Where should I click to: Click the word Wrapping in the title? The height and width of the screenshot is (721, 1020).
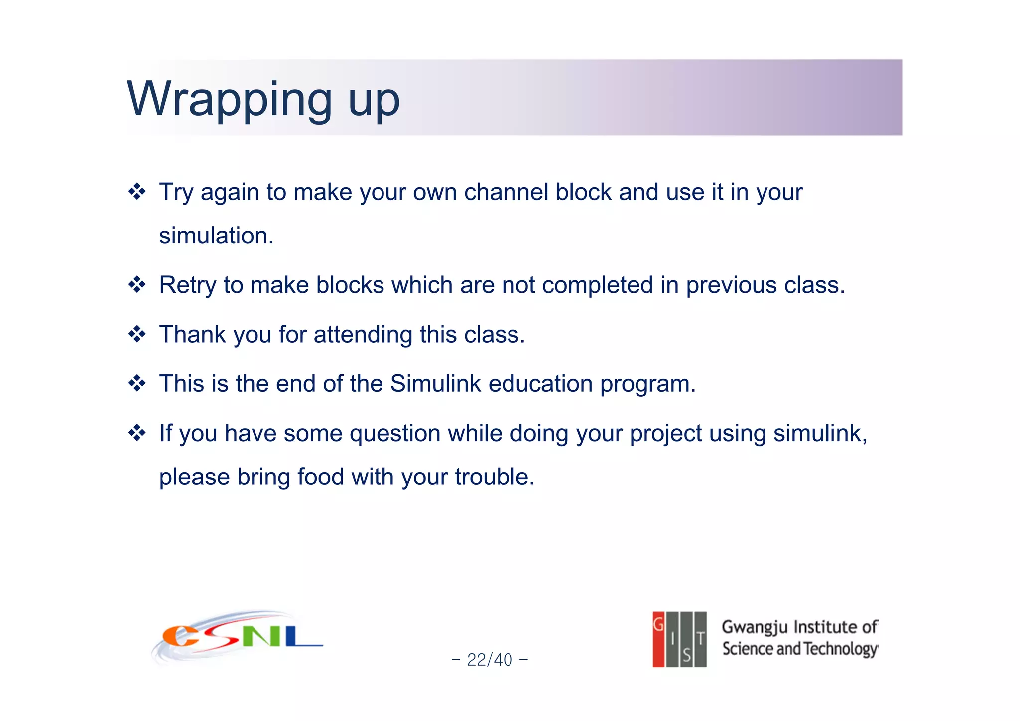tap(229, 100)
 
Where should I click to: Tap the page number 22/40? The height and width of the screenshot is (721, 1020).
tap(490, 660)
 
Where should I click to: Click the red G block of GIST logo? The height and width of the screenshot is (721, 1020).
tap(658, 639)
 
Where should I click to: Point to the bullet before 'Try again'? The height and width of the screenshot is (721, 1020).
tap(137, 192)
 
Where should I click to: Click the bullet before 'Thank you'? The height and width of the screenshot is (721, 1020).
tap(137, 334)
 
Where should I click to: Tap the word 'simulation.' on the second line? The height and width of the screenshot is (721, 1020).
tap(216, 236)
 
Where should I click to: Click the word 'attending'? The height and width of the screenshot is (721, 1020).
tap(363, 334)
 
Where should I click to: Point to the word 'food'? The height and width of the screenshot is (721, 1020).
tap(320, 477)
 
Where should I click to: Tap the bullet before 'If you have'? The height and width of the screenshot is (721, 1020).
tap(137, 433)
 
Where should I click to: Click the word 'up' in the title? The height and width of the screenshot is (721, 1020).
tap(374, 102)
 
